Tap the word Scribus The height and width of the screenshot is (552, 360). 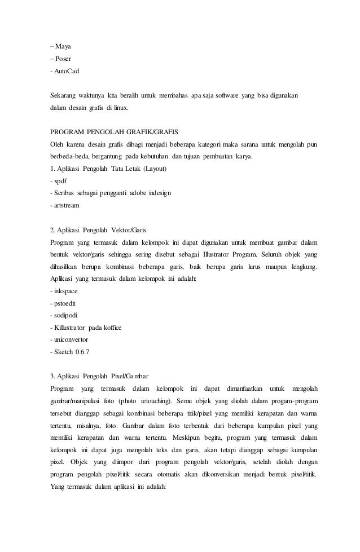tap(64, 193)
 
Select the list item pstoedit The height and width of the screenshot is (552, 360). tap(64, 303)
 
